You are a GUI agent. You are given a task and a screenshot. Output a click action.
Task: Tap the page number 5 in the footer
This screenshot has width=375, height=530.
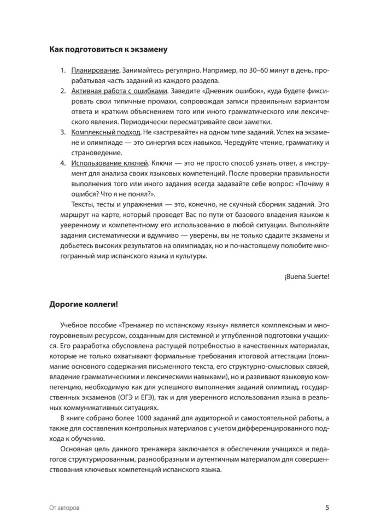pyautogui.click(x=327, y=507)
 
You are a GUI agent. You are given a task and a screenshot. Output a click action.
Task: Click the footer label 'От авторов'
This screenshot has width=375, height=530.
pyautogui.click(x=64, y=508)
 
